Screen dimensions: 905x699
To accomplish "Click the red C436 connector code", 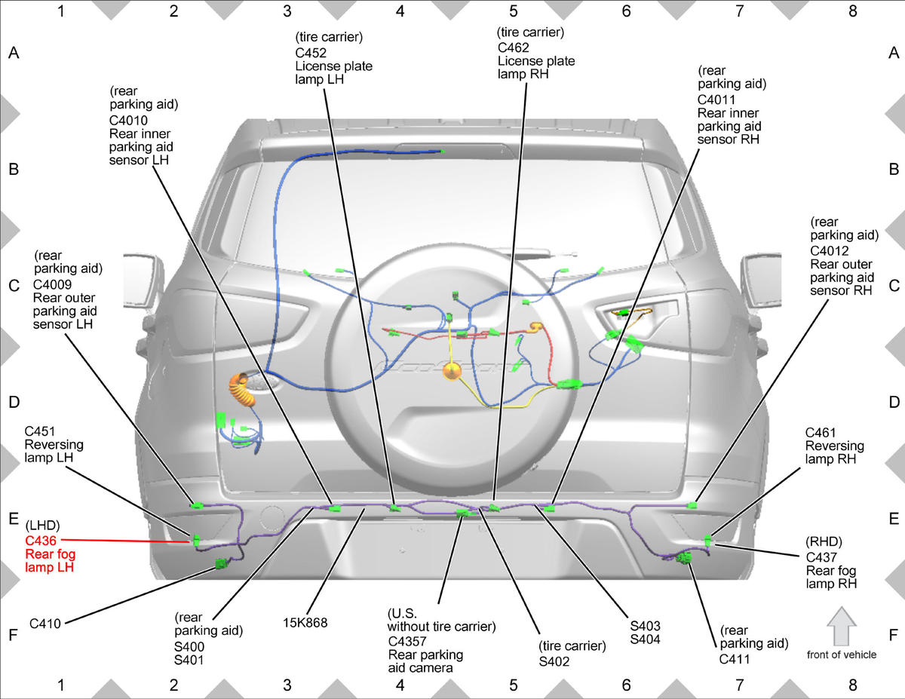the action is click(41, 541).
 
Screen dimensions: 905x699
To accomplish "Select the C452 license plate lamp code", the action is click(311, 53).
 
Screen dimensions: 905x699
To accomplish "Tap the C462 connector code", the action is click(513, 48).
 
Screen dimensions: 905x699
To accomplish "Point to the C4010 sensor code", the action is click(128, 121).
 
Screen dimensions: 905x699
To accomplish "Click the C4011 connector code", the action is click(716, 100).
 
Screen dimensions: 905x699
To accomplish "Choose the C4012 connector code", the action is click(829, 251).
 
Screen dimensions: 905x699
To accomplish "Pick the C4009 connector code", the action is click(53, 284).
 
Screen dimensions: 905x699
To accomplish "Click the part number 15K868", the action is click(305, 623).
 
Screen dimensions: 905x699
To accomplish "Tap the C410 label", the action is click(45, 624).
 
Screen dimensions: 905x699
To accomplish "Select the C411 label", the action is click(735, 660).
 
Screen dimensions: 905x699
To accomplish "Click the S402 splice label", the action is click(554, 661).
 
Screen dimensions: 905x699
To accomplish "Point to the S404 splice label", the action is click(645, 639).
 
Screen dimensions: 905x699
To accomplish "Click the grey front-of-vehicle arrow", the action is click(842, 627).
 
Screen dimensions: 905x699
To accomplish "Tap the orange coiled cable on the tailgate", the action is click(241, 390).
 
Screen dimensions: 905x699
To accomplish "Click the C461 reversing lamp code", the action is click(821, 433).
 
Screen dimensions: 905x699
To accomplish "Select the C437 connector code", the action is click(821, 557).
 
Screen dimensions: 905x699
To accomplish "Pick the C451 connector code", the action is click(39, 431).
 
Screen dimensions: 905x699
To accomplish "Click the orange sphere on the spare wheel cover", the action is click(452, 371).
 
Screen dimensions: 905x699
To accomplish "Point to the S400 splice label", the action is click(189, 647).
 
